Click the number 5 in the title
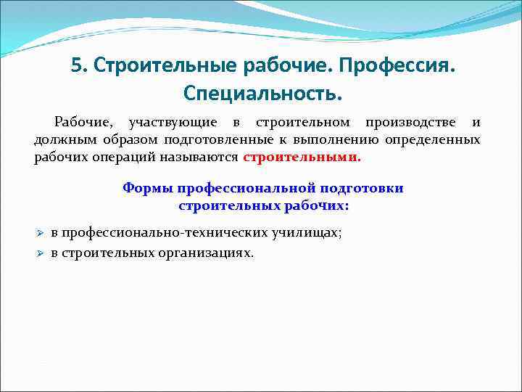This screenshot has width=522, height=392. coord(76,67)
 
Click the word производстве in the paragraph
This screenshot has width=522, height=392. coord(408,122)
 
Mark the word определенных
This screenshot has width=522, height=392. coord(438,139)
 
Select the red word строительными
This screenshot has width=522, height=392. coord(301,157)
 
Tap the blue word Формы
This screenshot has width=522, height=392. coord(147,189)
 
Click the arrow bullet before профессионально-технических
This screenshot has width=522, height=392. coord(41,233)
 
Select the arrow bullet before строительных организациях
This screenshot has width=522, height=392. coord(41,253)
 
